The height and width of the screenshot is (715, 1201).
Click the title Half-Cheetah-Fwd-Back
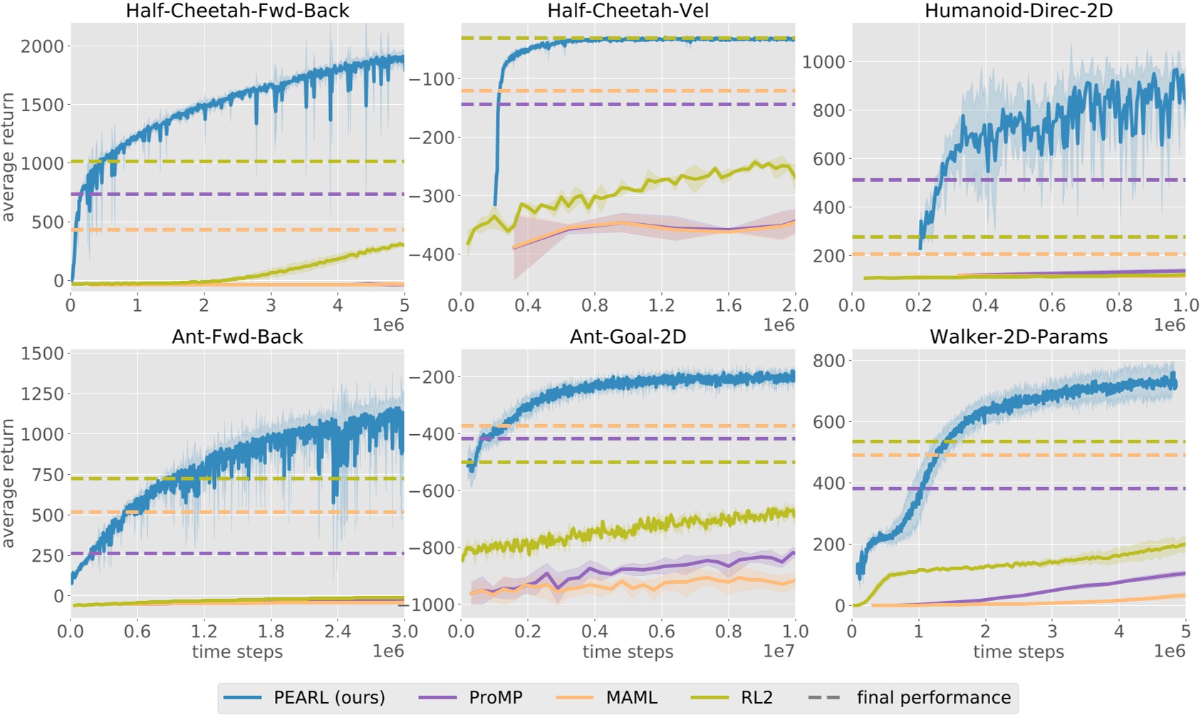237,11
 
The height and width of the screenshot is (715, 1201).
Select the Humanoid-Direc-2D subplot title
1019,11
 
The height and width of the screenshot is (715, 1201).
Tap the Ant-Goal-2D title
628,336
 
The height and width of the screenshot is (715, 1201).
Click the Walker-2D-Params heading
1019,336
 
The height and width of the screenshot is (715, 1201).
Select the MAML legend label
631,697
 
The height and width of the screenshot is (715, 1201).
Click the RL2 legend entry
757,697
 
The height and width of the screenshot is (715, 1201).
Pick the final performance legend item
933,697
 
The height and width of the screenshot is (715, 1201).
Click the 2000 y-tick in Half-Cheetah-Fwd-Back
42,46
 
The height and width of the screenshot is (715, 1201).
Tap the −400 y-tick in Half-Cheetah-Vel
431,254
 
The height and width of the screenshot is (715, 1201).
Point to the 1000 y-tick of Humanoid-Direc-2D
823,62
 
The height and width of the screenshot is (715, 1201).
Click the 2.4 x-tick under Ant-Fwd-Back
338,631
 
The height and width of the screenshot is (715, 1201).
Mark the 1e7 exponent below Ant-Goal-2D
778,650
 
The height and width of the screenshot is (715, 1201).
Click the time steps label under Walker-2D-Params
1019,652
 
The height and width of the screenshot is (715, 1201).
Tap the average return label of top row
8,157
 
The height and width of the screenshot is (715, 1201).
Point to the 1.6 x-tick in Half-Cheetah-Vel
728,305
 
